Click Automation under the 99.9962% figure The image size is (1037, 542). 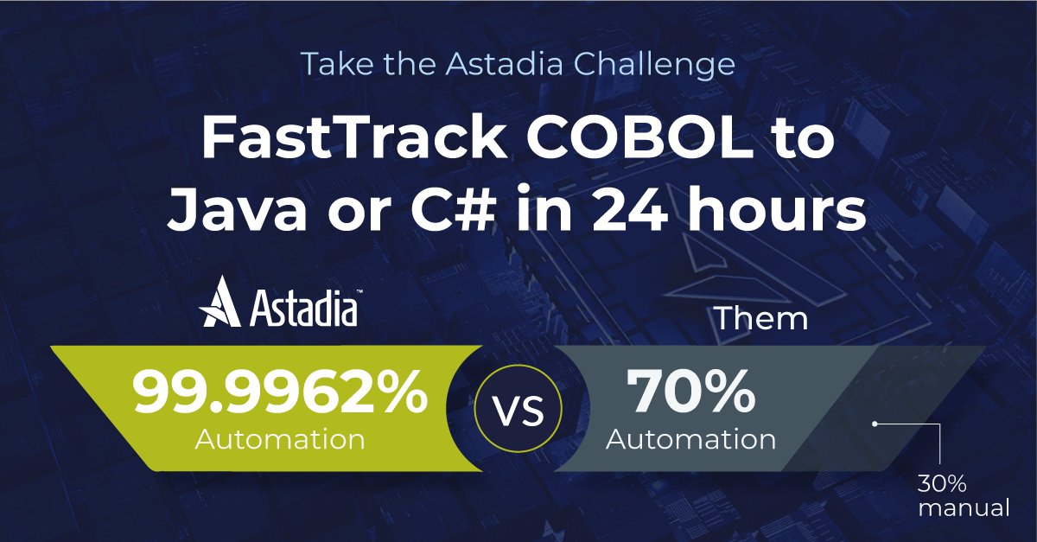[280, 439]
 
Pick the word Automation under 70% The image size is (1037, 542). [691, 439]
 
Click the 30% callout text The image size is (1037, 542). [939, 483]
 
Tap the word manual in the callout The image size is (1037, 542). [964, 508]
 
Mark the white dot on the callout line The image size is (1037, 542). [875, 424]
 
